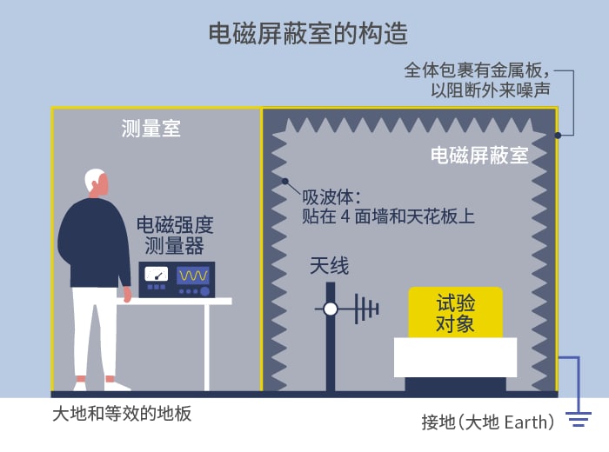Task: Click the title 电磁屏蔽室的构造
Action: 308,33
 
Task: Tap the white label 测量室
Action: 151,128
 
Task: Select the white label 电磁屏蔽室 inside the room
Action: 479,155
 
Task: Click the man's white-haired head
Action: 96,181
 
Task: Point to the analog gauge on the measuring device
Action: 156,274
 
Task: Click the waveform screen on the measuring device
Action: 193,275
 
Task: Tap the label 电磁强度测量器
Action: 174,235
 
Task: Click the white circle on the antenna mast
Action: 331,309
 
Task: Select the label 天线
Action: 330,266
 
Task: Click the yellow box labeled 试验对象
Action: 455,312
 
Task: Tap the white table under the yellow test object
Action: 455,357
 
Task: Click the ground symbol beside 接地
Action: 579,419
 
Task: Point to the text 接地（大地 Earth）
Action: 488,422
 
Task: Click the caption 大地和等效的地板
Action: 122,414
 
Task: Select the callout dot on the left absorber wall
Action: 285,181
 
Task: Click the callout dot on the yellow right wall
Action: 558,136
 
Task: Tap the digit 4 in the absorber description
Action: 345,216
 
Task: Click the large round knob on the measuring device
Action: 204,291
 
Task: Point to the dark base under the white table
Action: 456,384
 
